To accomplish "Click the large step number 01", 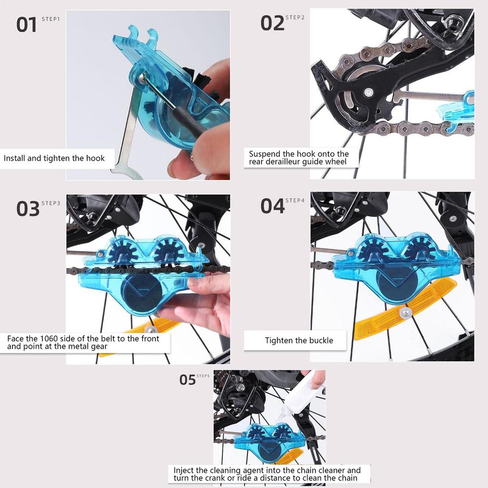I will coord(27,25).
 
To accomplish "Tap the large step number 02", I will coord(272,23).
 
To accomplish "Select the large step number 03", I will coord(28,209).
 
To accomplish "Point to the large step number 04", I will coord(272,206).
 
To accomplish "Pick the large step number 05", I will coord(187,380).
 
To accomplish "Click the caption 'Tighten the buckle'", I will coord(299,340).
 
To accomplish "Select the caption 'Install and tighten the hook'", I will coord(54,158).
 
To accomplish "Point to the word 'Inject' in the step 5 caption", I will coord(183,470).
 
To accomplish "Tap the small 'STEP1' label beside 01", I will coord(51,20).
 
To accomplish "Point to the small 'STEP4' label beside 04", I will coord(295,200).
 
